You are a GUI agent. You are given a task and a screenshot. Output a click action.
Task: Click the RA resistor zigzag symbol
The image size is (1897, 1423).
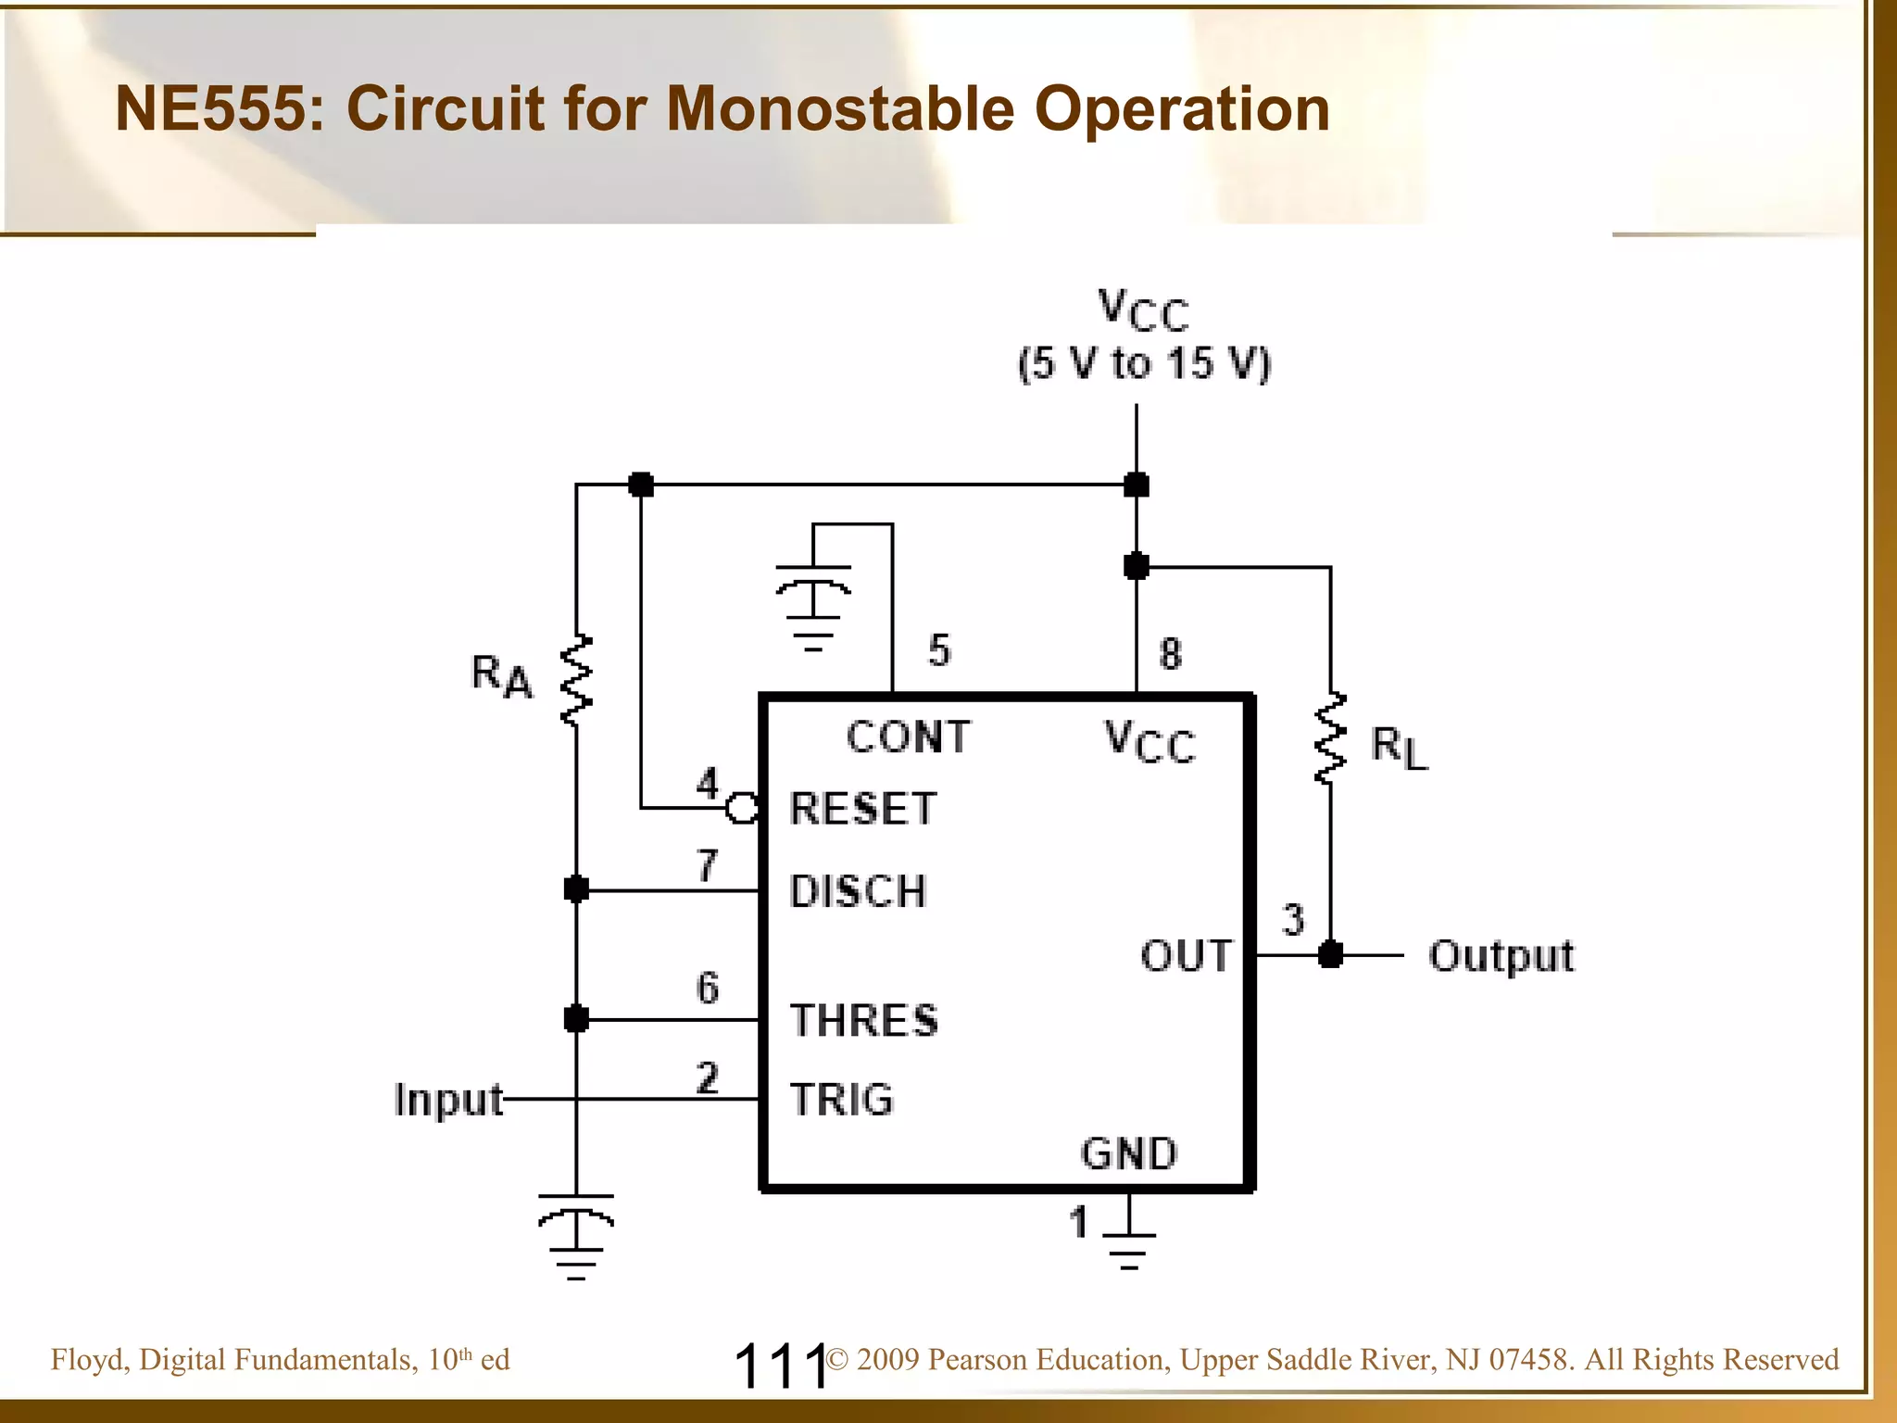pyautogui.click(x=576, y=681)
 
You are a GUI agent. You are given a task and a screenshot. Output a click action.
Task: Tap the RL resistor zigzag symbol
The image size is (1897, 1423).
pyautogui.click(x=1330, y=739)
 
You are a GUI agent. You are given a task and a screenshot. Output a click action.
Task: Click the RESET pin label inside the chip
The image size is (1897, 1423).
pyautogui.click(x=862, y=809)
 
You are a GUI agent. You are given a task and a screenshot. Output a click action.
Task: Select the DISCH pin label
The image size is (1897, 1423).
pyautogui.click(x=858, y=891)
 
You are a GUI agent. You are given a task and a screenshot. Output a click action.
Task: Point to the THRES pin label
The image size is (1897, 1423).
pyautogui.click(x=863, y=1020)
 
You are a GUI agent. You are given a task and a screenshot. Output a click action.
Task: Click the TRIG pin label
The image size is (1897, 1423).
pyautogui.click(x=841, y=1100)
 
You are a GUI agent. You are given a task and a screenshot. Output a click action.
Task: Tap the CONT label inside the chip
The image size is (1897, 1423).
pyautogui.click(x=908, y=737)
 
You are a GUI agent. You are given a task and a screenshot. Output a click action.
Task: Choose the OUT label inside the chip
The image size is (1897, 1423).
pyautogui.click(x=1186, y=955)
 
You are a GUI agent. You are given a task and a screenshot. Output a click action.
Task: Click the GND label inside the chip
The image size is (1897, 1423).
pyautogui.click(x=1129, y=1153)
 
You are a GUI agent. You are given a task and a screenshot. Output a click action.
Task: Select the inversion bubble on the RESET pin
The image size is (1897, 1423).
pyautogui.click(x=741, y=809)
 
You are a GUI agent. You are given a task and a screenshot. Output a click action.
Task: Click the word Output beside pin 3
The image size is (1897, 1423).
pyautogui.click(x=1501, y=955)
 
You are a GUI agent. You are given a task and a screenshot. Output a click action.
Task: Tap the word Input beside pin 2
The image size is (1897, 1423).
pyautogui.click(x=447, y=1100)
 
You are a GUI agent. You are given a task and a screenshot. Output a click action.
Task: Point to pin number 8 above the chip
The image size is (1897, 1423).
pyautogui.click(x=1170, y=653)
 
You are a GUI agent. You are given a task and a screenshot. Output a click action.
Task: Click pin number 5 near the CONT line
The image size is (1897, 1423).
pyautogui.click(x=939, y=650)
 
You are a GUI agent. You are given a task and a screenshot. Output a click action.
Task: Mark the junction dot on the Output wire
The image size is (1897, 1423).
pyautogui.click(x=1330, y=954)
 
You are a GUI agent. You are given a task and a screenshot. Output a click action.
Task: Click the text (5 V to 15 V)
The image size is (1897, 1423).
pyautogui.click(x=1144, y=363)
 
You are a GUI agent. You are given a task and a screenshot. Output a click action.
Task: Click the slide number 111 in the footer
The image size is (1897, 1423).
pyautogui.click(x=780, y=1366)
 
